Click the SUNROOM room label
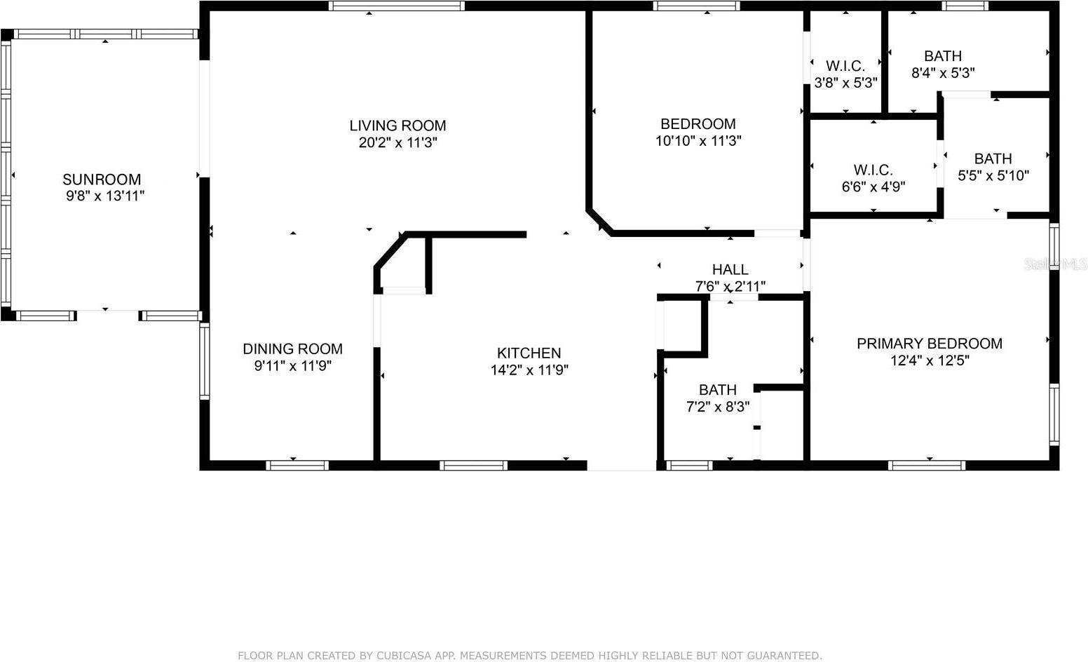click(x=102, y=180)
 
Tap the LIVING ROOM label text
click(x=397, y=126)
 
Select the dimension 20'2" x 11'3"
click(x=397, y=142)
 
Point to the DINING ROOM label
click(x=292, y=349)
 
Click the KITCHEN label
click(x=529, y=353)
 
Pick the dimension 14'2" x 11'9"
click(x=529, y=370)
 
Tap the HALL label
click(x=730, y=269)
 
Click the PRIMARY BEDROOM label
click(x=929, y=343)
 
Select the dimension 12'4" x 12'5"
click(x=929, y=360)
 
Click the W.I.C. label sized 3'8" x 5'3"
click(x=845, y=66)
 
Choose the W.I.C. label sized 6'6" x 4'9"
click(x=873, y=170)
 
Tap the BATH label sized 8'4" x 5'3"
click(x=942, y=56)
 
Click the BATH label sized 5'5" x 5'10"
click(x=993, y=158)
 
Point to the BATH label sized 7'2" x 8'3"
click(x=717, y=389)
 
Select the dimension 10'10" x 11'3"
click(x=698, y=141)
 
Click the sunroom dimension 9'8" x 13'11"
click(x=105, y=196)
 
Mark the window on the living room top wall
click(x=397, y=6)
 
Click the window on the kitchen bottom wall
click(x=474, y=465)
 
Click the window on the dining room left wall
click(x=205, y=360)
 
